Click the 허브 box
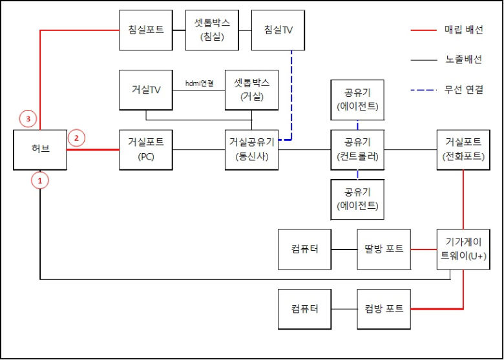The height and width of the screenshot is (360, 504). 40,149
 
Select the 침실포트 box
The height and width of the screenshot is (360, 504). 146,30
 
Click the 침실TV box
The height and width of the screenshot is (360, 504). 278,30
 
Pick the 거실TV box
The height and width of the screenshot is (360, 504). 146,90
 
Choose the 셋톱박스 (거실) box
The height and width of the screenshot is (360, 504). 251,90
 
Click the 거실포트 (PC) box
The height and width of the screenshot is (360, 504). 146,149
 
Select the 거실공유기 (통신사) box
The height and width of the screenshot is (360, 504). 251,149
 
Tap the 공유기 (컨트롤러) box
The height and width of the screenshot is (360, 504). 357,149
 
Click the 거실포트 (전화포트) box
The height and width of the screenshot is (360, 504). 463,149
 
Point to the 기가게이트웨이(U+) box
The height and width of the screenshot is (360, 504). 463,249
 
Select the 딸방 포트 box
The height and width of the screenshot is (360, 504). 384,249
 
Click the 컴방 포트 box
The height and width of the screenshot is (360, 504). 384,308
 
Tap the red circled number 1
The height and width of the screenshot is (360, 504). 40,182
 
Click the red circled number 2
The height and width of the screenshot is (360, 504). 76,137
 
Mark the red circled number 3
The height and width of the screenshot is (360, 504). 28,118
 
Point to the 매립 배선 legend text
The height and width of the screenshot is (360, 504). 464,30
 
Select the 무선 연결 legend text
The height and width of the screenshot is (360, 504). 464,89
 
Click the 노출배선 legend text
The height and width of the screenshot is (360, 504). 464,59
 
